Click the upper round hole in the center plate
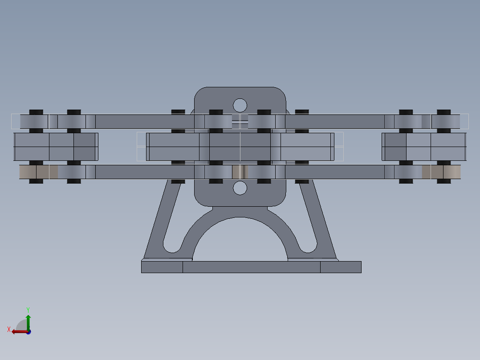(240, 105)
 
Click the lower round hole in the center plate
(240, 188)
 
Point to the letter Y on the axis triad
(28, 309)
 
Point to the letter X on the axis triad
(9, 329)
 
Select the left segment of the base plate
(162, 267)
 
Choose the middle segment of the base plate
(252, 267)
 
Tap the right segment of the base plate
(341, 267)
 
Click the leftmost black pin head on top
(36, 112)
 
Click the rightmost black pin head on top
(443, 112)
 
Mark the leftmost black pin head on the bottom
(36, 181)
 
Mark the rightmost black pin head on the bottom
(443, 181)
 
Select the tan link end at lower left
(38, 172)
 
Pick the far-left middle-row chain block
(56, 147)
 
